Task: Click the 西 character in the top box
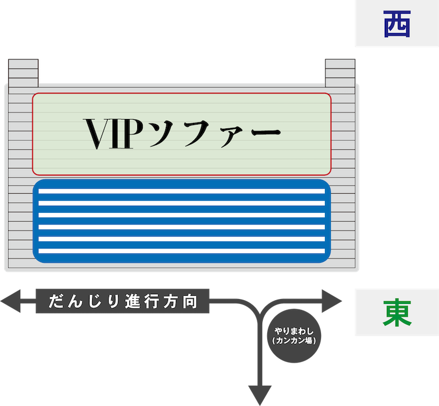396,24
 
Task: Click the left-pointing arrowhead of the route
11,301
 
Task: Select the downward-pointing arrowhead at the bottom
261,394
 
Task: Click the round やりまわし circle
297,336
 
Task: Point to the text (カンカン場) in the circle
297,341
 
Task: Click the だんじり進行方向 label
122,301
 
